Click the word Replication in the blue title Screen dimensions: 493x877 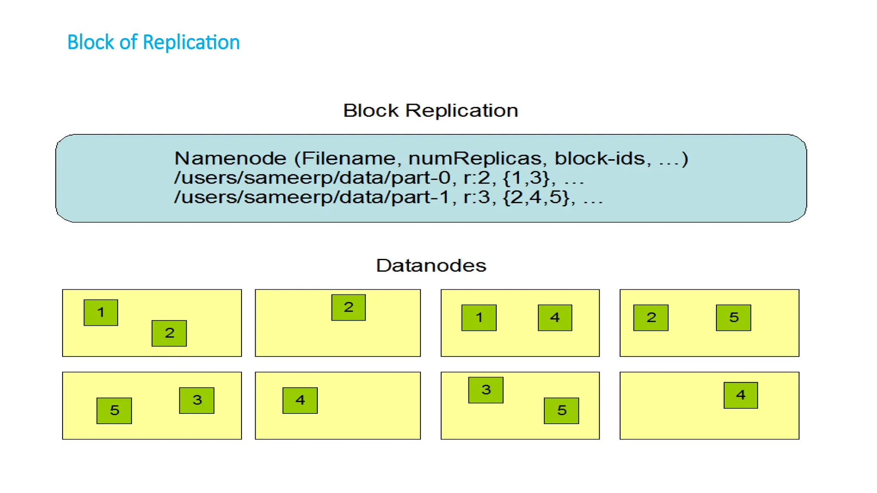click(191, 42)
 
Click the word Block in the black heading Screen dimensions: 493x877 click(371, 111)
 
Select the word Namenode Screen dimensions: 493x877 click(230, 159)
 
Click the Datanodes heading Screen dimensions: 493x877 click(431, 266)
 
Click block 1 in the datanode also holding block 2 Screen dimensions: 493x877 click(101, 313)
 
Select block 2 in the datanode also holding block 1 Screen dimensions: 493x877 click(169, 333)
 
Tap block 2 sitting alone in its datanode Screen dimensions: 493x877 click(349, 308)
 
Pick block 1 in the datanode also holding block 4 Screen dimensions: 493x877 click(479, 318)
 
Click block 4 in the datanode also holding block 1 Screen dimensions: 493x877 click(555, 318)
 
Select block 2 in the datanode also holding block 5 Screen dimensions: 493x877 click(651, 318)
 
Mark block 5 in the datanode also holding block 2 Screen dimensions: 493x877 click(734, 318)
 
